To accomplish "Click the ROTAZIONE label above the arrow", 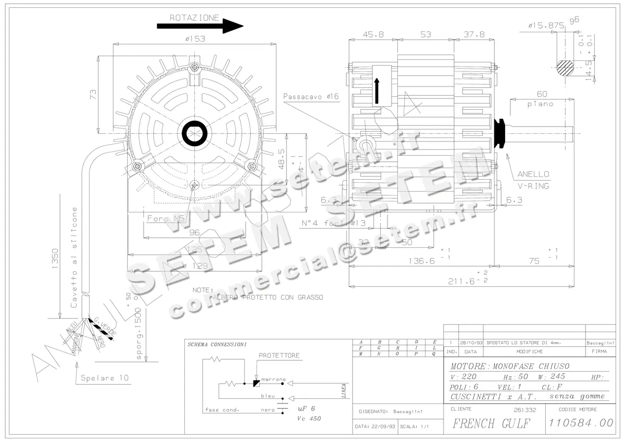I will pos(194,18).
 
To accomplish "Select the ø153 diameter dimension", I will pos(194,39).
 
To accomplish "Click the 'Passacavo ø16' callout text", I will pos(311,96).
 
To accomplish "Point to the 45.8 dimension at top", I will pos(373,34).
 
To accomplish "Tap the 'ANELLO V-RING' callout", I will pos(533,180).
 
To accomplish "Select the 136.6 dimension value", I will pos(421,261).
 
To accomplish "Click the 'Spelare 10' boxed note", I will pos(105,378).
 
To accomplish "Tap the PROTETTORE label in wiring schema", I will pos(279,356).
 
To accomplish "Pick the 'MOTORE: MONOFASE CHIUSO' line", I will pos(509,366).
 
